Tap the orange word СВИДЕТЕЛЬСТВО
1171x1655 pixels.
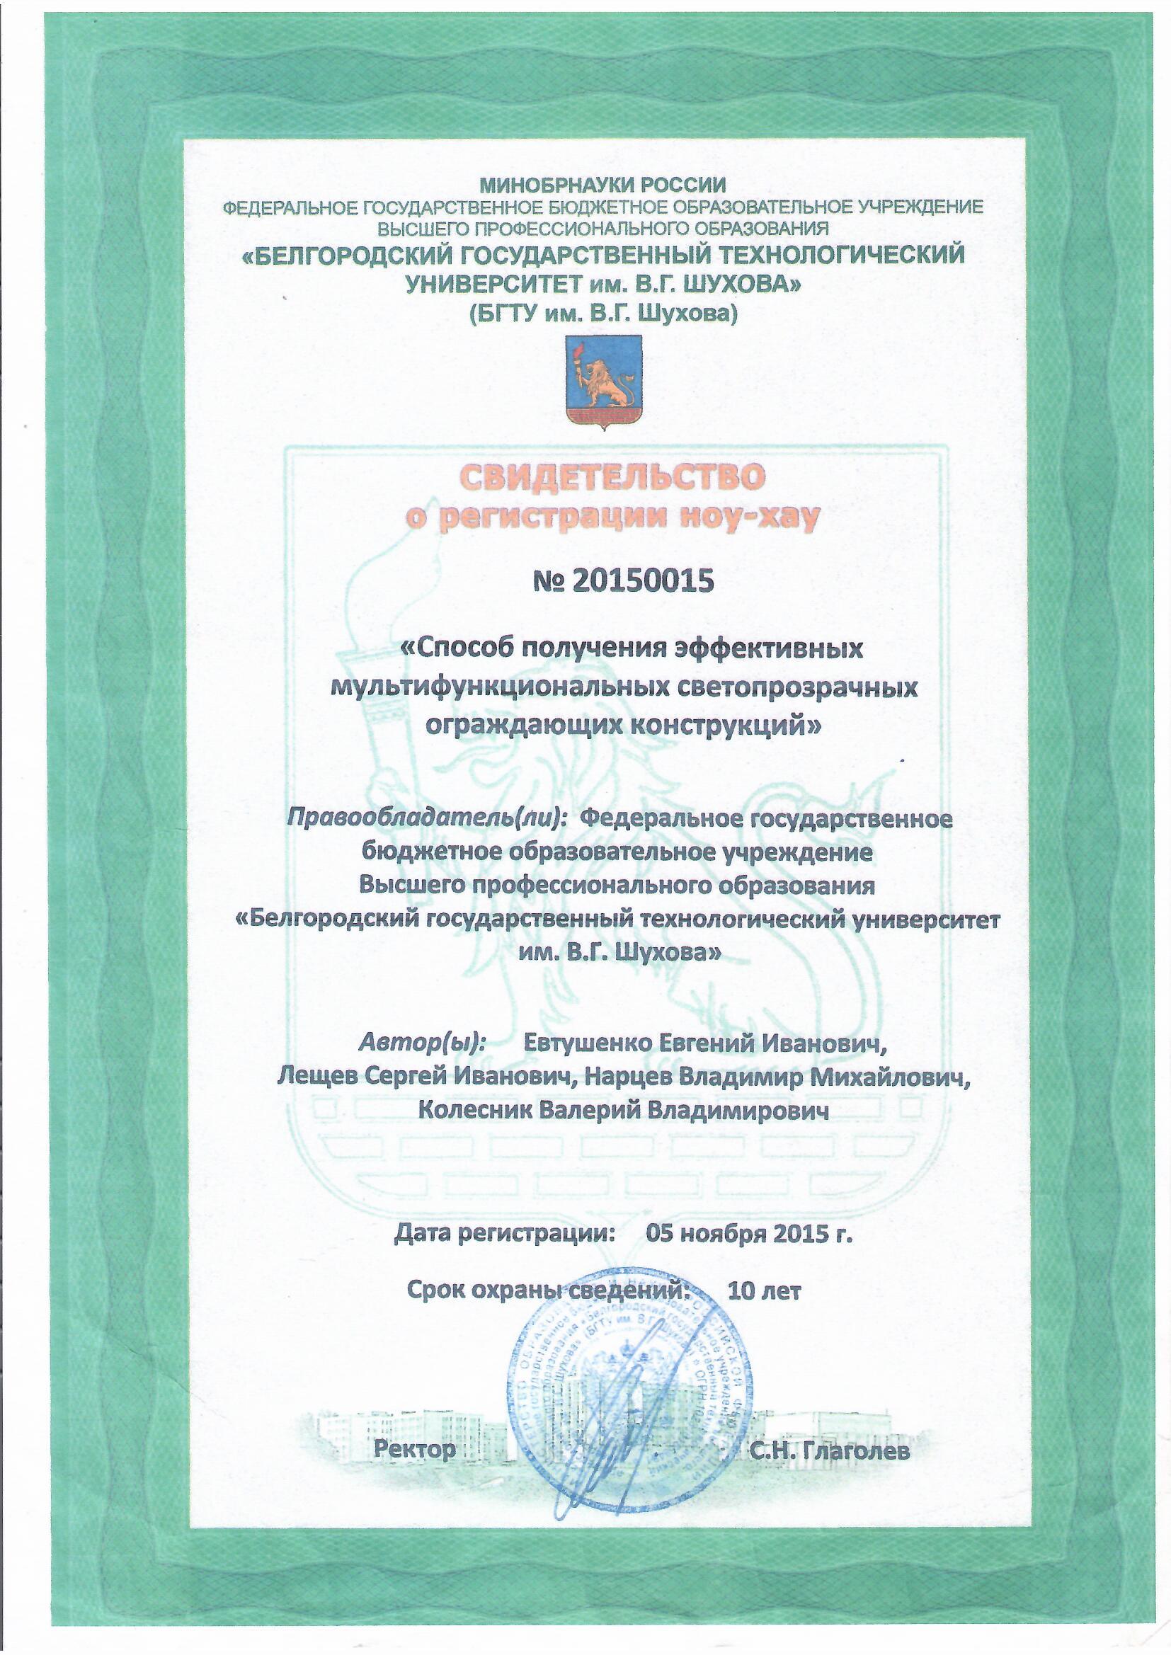(x=602, y=479)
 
